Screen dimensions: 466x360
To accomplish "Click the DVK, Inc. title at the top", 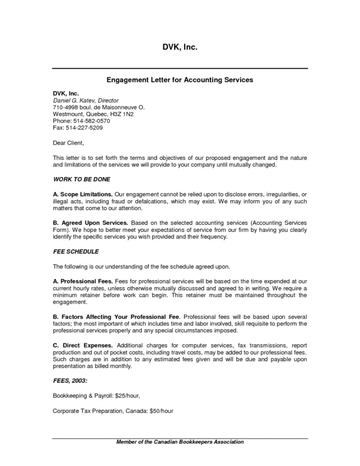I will coord(180,47).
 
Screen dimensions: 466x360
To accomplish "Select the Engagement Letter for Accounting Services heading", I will coord(179,80).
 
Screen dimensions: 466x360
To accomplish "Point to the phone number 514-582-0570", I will coord(87,121).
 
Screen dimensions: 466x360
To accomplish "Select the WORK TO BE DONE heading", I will coord(81,179).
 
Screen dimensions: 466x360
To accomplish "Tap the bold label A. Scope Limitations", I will coord(83,194).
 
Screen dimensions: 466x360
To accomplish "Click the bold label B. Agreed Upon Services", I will coord(90,223).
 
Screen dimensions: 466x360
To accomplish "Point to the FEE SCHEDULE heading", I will coord(75,251).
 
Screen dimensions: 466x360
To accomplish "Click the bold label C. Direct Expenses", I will coord(83,345).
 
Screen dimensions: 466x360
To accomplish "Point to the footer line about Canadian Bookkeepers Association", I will coord(180,442).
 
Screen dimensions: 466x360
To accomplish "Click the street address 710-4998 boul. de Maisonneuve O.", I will coord(99,108).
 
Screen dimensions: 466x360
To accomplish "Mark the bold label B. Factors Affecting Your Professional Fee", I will coord(116,317).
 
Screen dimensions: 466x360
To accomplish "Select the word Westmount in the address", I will coord(68,114).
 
